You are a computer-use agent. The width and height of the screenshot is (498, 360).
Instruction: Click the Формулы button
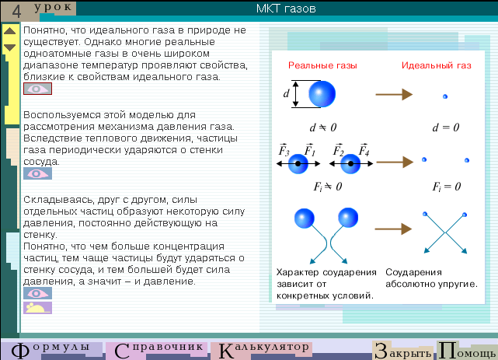(x=50, y=351)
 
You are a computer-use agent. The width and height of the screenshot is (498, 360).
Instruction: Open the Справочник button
(x=158, y=351)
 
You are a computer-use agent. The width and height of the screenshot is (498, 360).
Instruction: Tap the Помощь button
(x=467, y=351)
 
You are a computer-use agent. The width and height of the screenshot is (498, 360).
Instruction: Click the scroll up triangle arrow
(x=10, y=31)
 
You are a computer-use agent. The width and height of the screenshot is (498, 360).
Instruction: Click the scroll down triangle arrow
(x=10, y=47)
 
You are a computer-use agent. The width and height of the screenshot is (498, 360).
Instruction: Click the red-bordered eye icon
(x=37, y=89)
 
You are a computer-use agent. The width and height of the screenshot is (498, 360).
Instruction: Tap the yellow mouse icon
(x=37, y=308)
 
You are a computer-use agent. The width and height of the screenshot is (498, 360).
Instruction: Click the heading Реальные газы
(x=322, y=65)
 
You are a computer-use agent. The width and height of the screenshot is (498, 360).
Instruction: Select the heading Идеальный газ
(x=436, y=65)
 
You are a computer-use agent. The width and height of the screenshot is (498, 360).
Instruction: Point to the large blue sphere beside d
(x=322, y=94)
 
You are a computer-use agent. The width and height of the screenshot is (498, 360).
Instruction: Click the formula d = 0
(x=446, y=128)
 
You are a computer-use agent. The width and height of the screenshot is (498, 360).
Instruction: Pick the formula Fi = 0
(x=446, y=186)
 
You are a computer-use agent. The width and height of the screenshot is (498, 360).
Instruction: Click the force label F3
(x=284, y=149)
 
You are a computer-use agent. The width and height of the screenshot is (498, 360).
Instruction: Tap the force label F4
(x=364, y=149)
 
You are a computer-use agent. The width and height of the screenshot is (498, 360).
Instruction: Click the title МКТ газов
(x=286, y=9)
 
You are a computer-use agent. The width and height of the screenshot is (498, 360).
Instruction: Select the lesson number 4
(x=16, y=11)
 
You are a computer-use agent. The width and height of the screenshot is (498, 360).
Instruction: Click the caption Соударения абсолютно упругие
(x=431, y=278)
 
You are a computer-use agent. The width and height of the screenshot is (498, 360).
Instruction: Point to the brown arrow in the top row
(x=394, y=94)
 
